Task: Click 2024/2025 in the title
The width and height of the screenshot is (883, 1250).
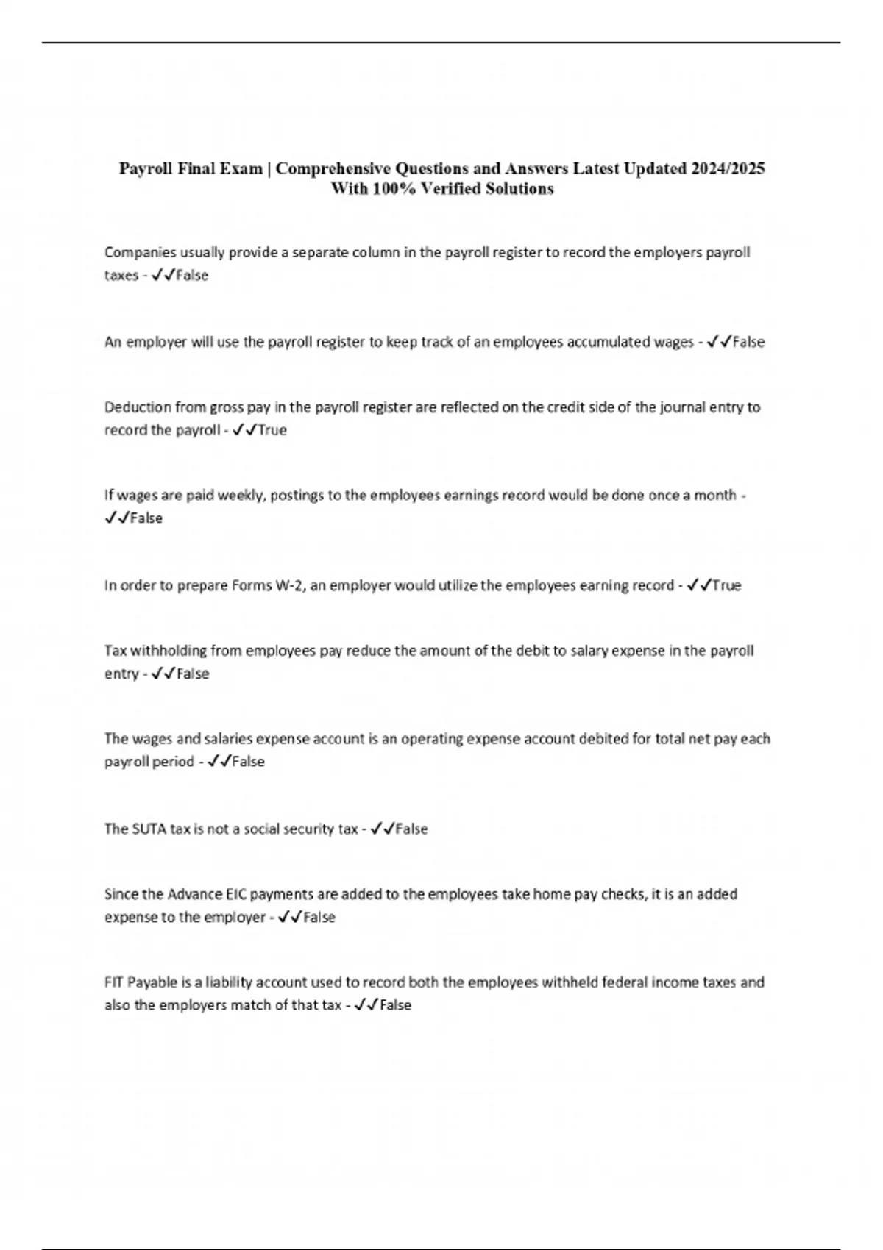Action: [x=727, y=169]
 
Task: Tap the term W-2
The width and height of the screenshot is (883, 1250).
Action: [x=289, y=586]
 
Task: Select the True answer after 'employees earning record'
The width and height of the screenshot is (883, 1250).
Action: [x=726, y=586]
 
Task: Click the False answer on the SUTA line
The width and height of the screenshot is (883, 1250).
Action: [x=411, y=829]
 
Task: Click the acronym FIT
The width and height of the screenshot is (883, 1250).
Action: [x=114, y=982]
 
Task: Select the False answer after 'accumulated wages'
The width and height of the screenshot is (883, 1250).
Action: [x=748, y=342]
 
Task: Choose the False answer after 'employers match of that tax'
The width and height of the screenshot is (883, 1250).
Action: [x=395, y=1005]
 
